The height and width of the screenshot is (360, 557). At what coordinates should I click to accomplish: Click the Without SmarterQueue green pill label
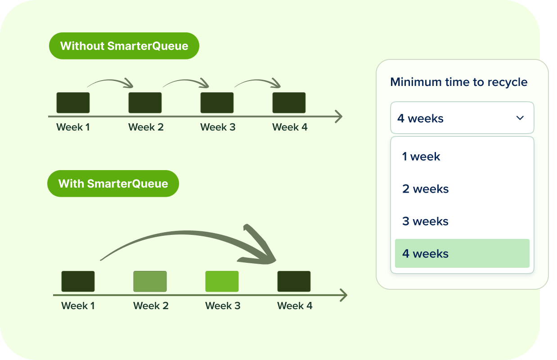pos(124,46)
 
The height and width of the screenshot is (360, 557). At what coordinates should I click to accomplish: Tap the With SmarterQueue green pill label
pos(113,184)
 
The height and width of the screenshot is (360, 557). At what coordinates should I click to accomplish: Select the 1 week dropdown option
pos(421,157)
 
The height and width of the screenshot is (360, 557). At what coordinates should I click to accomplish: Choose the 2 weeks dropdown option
pos(426,189)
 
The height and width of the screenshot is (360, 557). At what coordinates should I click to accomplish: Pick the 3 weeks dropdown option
pos(425,221)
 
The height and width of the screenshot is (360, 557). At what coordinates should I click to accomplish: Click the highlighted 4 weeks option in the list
pos(462,253)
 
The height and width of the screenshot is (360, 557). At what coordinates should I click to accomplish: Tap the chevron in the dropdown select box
pos(520,118)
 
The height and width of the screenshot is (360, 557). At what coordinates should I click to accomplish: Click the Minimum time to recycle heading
pos(459,82)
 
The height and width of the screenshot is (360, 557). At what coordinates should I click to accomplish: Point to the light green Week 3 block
pos(222,281)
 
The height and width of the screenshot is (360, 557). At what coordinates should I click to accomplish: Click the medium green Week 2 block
pos(150,281)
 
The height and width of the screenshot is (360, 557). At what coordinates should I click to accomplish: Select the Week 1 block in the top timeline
pos(73,103)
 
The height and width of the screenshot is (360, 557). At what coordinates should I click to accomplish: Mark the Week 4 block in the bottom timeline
pos(294,281)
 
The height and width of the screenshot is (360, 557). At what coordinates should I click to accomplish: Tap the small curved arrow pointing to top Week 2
pos(110,81)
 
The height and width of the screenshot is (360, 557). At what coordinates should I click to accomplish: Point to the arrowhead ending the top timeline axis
pos(339,117)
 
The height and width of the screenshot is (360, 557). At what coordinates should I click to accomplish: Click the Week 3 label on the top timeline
pos(218,127)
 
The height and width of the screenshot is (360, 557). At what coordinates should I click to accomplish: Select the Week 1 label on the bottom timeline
pos(78,306)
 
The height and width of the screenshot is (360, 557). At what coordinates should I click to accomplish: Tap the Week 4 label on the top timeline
pos(290,127)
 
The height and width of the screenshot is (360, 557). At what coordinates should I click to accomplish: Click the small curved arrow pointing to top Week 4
pos(258,81)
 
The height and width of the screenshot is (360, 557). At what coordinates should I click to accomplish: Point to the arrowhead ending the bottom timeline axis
pos(344,295)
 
